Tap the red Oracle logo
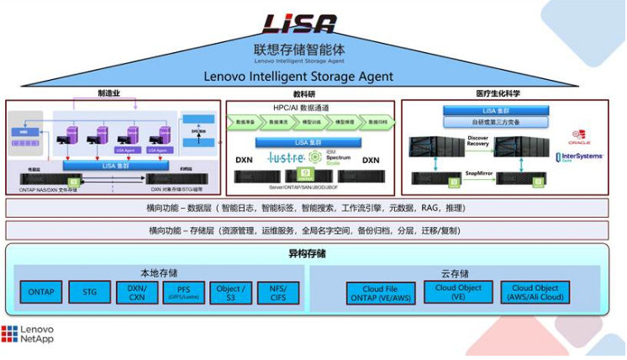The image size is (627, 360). (x=580, y=138)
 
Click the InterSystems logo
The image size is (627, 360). (x=579, y=156)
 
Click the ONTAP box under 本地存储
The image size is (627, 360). (x=41, y=293)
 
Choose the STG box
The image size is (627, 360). (x=90, y=293)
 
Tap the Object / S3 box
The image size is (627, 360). (x=231, y=293)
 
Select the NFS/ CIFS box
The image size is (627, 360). (x=278, y=293)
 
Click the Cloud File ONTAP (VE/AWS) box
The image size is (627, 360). (x=381, y=293)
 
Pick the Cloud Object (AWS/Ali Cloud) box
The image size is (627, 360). (x=535, y=293)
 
